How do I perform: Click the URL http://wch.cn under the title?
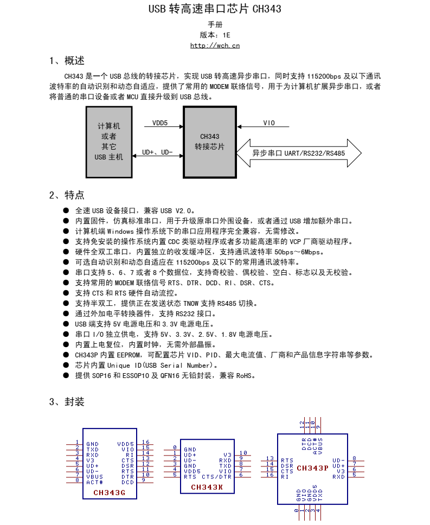[215, 46]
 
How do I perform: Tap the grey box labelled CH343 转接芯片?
[209, 142]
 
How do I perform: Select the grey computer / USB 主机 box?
[108, 142]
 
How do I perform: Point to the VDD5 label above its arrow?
[159, 123]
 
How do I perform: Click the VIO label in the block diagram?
[269, 123]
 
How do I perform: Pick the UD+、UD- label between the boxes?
[157, 152]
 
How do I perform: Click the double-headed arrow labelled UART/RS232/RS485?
[299, 153]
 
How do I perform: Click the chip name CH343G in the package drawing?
[108, 493]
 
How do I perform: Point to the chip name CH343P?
[312, 468]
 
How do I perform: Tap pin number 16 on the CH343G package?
[145, 443]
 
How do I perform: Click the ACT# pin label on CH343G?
[94, 482]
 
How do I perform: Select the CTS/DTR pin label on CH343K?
[216, 476]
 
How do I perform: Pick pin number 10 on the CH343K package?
[243, 453]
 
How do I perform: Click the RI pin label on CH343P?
[285, 476]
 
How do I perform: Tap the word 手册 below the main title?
[215, 25]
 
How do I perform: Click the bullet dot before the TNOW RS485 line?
[66, 303]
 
